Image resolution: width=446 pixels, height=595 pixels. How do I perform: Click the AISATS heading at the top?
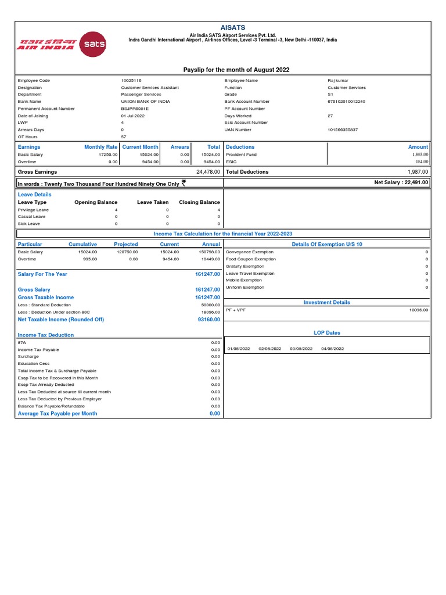(232, 27)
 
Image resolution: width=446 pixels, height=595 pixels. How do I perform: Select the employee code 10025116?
(131, 80)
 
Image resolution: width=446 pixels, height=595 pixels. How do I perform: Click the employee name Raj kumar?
(339, 80)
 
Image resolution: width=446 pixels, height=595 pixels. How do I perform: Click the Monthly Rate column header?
(100, 147)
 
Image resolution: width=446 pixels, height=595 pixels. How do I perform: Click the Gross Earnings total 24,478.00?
(208, 172)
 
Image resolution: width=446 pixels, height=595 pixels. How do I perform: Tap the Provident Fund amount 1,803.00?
(420, 155)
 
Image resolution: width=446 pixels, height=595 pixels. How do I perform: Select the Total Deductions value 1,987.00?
(418, 172)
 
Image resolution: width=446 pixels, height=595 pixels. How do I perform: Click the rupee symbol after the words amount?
(184, 182)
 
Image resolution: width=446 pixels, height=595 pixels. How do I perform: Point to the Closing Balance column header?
(199, 202)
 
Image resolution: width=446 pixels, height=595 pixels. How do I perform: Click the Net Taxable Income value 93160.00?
(209, 320)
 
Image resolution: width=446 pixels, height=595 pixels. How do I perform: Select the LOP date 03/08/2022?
(300, 349)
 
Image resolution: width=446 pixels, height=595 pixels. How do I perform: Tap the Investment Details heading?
(326, 302)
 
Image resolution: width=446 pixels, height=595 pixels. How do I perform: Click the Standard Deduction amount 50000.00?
(211, 304)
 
